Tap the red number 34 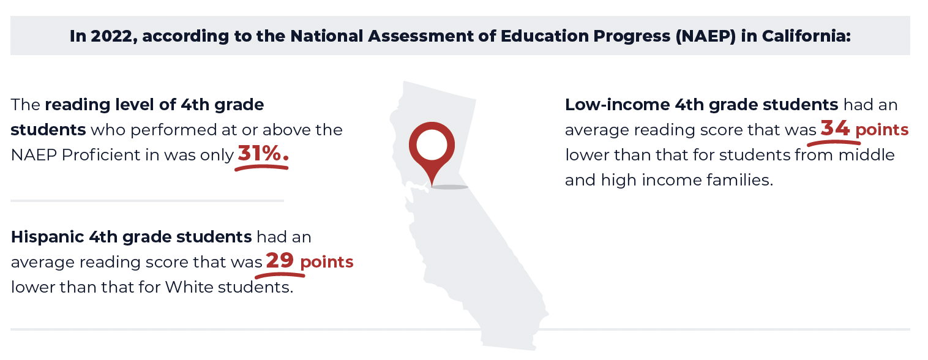[x=835, y=129]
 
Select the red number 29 [x=280, y=261]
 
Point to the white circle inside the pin [x=432, y=145]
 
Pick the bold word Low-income [x=617, y=105]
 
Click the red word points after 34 [x=882, y=130]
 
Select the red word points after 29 [x=327, y=262]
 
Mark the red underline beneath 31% [x=261, y=167]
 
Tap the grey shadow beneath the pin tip [x=450, y=187]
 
